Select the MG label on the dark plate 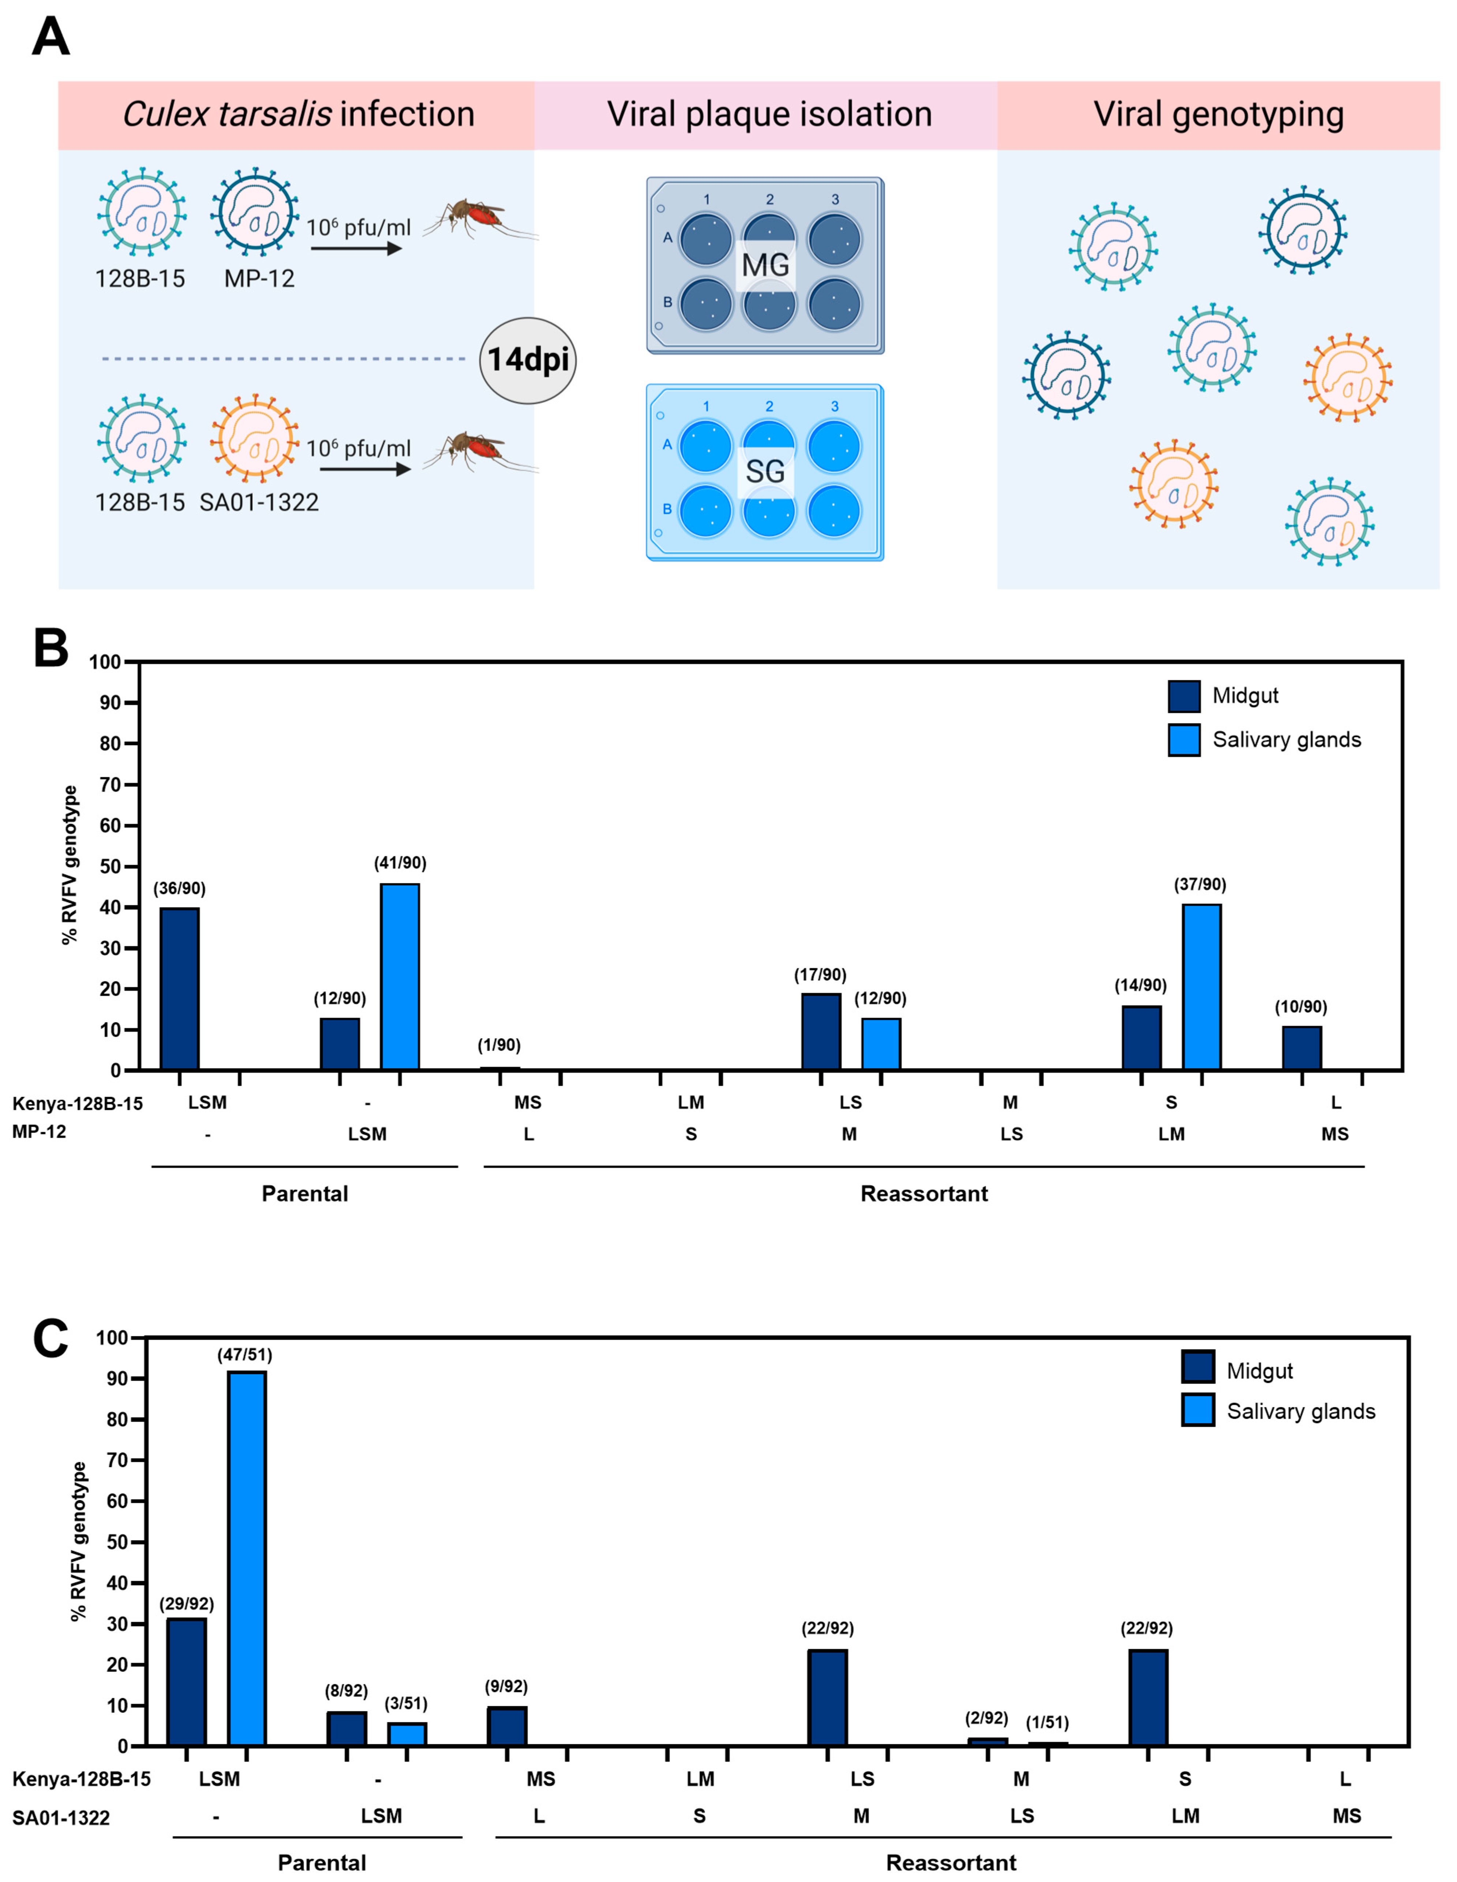765,265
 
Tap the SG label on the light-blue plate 765,471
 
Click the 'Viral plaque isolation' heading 769,114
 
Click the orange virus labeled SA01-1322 255,439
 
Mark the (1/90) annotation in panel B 499,1045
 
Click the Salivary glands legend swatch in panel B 1184,740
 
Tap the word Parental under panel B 305,1193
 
